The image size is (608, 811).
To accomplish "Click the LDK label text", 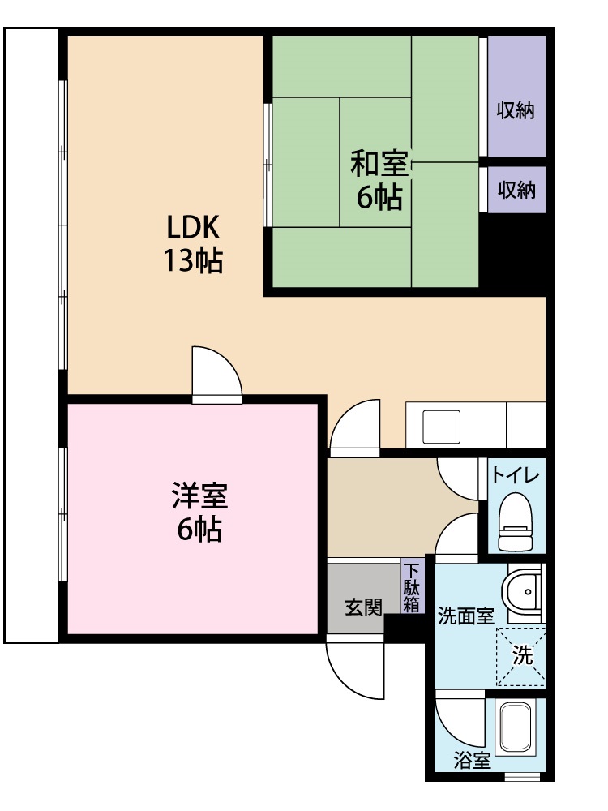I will pos(194,226).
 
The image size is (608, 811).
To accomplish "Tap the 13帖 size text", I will pos(194,261).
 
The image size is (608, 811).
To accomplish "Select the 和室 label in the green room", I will pos(378,163).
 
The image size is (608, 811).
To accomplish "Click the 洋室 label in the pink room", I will pos(199,494).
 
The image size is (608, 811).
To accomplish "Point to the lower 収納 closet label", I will pos(516,190).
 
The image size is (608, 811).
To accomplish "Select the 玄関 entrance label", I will pos(362,607).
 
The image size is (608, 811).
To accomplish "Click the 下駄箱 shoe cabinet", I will pos(413,586).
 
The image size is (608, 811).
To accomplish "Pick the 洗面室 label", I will pos(465,616).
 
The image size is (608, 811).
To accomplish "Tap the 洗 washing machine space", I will pos(522,655).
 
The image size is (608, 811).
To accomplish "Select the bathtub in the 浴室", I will pos(520,727).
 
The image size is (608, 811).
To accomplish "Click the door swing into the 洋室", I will pos(216,375).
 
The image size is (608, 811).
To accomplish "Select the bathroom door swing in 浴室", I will pos(458,719).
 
